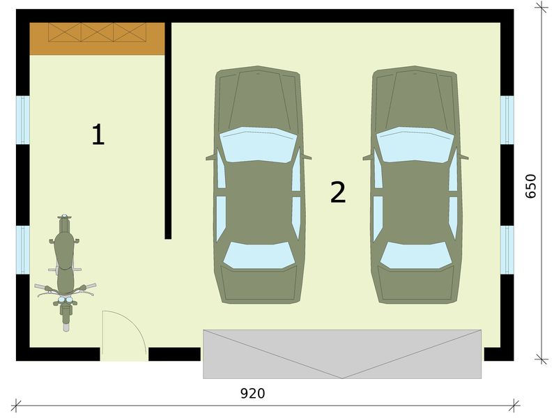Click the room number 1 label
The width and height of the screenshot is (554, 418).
tap(98, 134)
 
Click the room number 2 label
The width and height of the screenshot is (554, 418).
tap(338, 192)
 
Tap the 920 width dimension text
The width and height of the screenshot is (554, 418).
tap(252, 394)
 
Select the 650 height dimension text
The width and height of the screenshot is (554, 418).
tap(531, 186)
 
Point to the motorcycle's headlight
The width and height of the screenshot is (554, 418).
tap(66, 300)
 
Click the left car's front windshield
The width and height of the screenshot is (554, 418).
tap(259, 255)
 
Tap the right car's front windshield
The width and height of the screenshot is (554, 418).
tap(416, 255)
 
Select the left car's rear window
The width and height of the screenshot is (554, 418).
tap(259, 144)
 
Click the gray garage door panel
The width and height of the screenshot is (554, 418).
tap(341, 354)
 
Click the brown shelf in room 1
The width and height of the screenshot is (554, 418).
tap(97, 38)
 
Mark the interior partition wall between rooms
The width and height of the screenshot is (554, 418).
tap(168, 132)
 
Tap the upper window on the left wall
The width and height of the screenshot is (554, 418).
tap(23, 120)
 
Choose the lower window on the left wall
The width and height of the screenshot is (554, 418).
tap(23, 249)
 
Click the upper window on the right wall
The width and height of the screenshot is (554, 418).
tap(507, 120)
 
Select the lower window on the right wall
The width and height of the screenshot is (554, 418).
tap(507, 249)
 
